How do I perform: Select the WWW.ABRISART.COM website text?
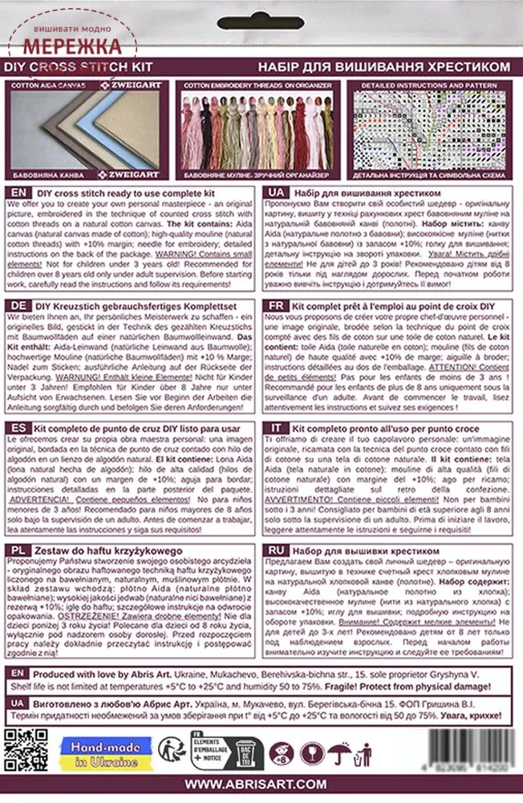tap(261, 785)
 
